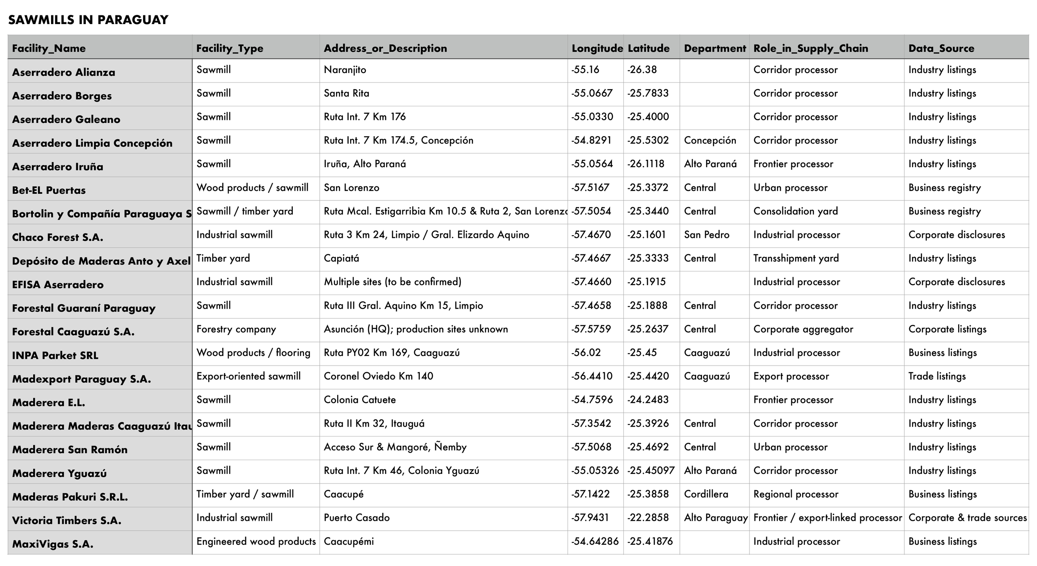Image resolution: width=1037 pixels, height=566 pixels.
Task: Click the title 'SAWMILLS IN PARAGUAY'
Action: coord(88,20)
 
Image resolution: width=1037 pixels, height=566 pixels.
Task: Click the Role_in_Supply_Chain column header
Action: coord(811,48)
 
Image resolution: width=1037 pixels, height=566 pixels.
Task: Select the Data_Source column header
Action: coord(941,48)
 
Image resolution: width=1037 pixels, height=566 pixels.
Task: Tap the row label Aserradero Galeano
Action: coord(66,120)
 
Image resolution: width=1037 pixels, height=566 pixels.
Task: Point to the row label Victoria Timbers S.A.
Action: coord(67,520)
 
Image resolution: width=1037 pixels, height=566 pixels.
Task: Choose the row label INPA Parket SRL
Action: coord(55,356)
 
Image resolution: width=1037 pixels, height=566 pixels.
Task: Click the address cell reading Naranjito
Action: coord(345,70)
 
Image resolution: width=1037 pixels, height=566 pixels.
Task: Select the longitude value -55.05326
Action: coord(595,471)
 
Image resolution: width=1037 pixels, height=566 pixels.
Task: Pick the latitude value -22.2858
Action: coord(648,517)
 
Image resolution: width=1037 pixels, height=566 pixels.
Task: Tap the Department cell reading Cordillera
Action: coord(706,494)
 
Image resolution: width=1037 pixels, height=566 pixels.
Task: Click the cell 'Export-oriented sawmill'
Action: coord(248,376)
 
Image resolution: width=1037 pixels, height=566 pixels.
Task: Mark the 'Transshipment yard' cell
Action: coord(796,259)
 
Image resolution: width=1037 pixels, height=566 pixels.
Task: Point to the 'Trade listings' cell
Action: coord(937,376)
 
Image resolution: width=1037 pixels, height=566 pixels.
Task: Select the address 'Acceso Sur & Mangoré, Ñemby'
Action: coord(395,447)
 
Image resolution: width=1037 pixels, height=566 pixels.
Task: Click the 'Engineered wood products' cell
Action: coord(256,542)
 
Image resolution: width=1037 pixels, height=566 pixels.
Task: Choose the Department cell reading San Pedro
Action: coord(706,235)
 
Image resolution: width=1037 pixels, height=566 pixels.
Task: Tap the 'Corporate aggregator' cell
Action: coord(803,329)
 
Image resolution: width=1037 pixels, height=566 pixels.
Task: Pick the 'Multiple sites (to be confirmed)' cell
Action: coord(392,282)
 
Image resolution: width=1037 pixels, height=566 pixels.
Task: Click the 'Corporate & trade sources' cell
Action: coord(967,518)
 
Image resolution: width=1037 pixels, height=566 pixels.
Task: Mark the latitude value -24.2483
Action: coord(648,400)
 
